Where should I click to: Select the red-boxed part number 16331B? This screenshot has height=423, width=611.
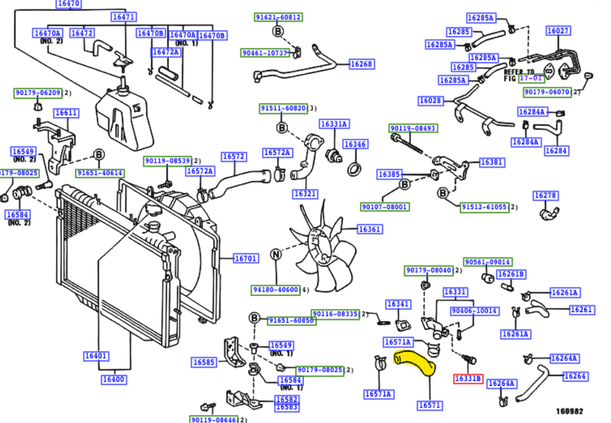pyautogui.click(x=467, y=378)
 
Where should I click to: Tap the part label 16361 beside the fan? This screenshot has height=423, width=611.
pyautogui.click(x=370, y=229)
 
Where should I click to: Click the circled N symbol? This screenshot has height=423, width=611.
pyautogui.click(x=276, y=254)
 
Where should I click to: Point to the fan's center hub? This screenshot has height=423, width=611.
pyautogui.click(x=323, y=246)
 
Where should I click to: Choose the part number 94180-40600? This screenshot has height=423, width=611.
pyautogui.click(x=275, y=289)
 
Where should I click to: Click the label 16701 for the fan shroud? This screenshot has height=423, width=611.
pyautogui.click(x=245, y=258)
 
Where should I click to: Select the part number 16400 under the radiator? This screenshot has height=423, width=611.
pyautogui.click(x=114, y=379)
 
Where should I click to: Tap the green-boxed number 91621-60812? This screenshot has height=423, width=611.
pyautogui.click(x=279, y=17)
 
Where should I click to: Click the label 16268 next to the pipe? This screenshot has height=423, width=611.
pyautogui.click(x=361, y=64)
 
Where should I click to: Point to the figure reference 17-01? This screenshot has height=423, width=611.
pyautogui.click(x=531, y=78)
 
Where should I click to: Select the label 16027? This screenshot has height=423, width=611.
pyautogui.click(x=558, y=30)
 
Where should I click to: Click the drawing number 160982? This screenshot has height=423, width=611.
pyautogui.click(x=568, y=411)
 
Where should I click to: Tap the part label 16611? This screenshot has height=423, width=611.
pyautogui.click(x=66, y=113)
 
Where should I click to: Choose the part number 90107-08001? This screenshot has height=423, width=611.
pyautogui.click(x=384, y=207)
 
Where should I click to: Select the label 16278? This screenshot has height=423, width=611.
pyautogui.click(x=545, y=196)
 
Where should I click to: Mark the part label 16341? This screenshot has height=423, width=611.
pyautogui.click(x=397, y=304)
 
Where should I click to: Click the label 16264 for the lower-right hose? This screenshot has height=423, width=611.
pyautogui.click(x=575, y=376)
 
